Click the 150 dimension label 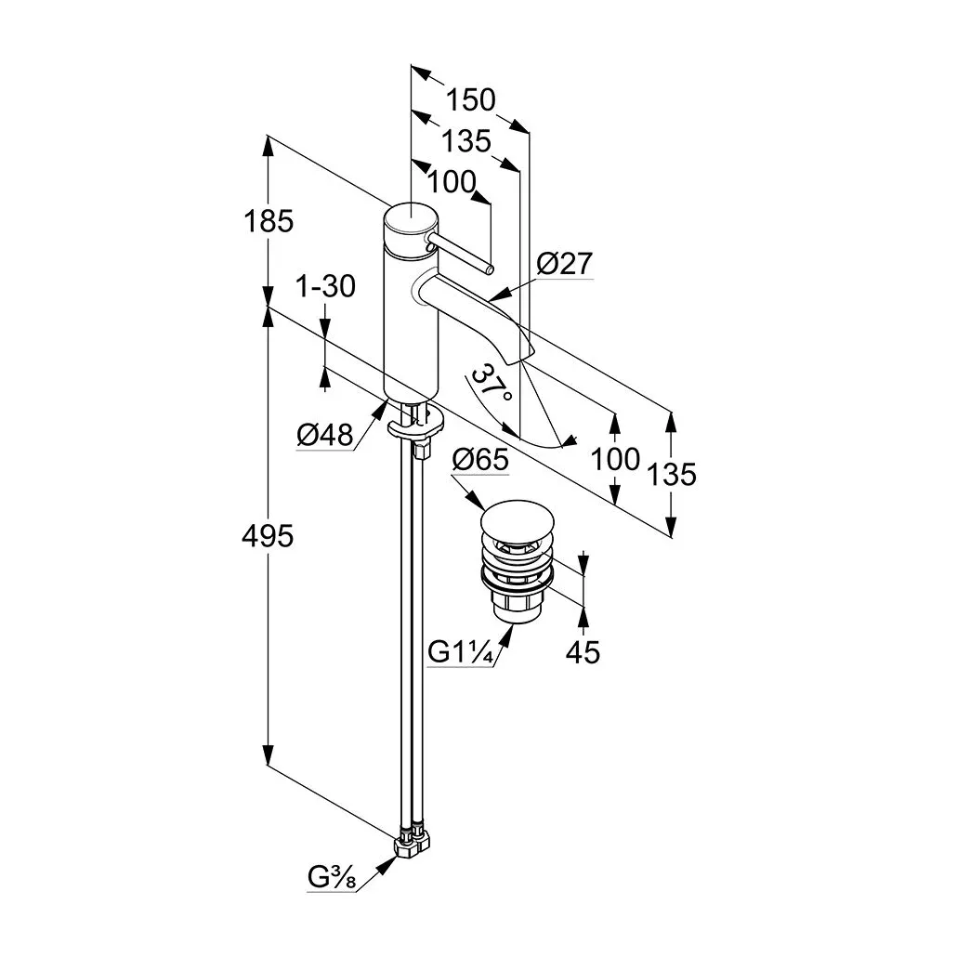pos(471,98)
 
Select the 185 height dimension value pos(268,221)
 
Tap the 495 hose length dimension pos(268,535)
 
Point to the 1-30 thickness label pos(325,286)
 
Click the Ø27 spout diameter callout pos(564,264)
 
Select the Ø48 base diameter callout pos(325,435)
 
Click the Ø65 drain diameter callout pos(480,460)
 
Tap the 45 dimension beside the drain pos(583,652)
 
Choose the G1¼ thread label pos(460,652)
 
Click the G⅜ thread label pos(332,876)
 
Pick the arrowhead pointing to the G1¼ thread pos(508,635)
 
